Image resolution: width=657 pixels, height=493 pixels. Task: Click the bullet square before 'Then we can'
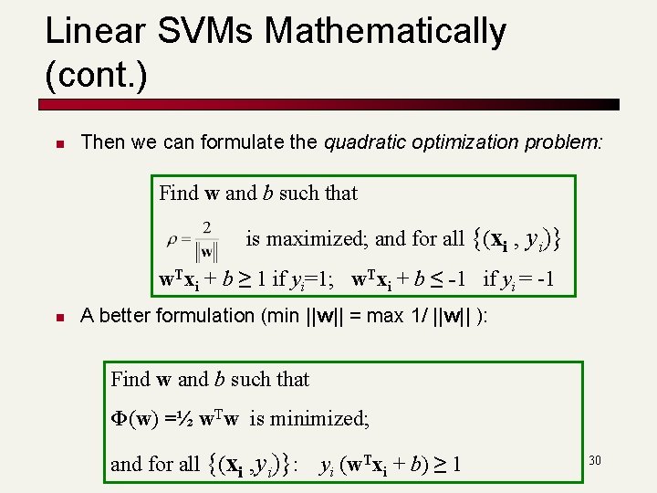57,144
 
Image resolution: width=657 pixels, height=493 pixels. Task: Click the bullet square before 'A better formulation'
57,318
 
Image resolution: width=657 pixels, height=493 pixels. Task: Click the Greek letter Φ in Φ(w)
120,419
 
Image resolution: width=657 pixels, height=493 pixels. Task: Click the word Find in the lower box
130,379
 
